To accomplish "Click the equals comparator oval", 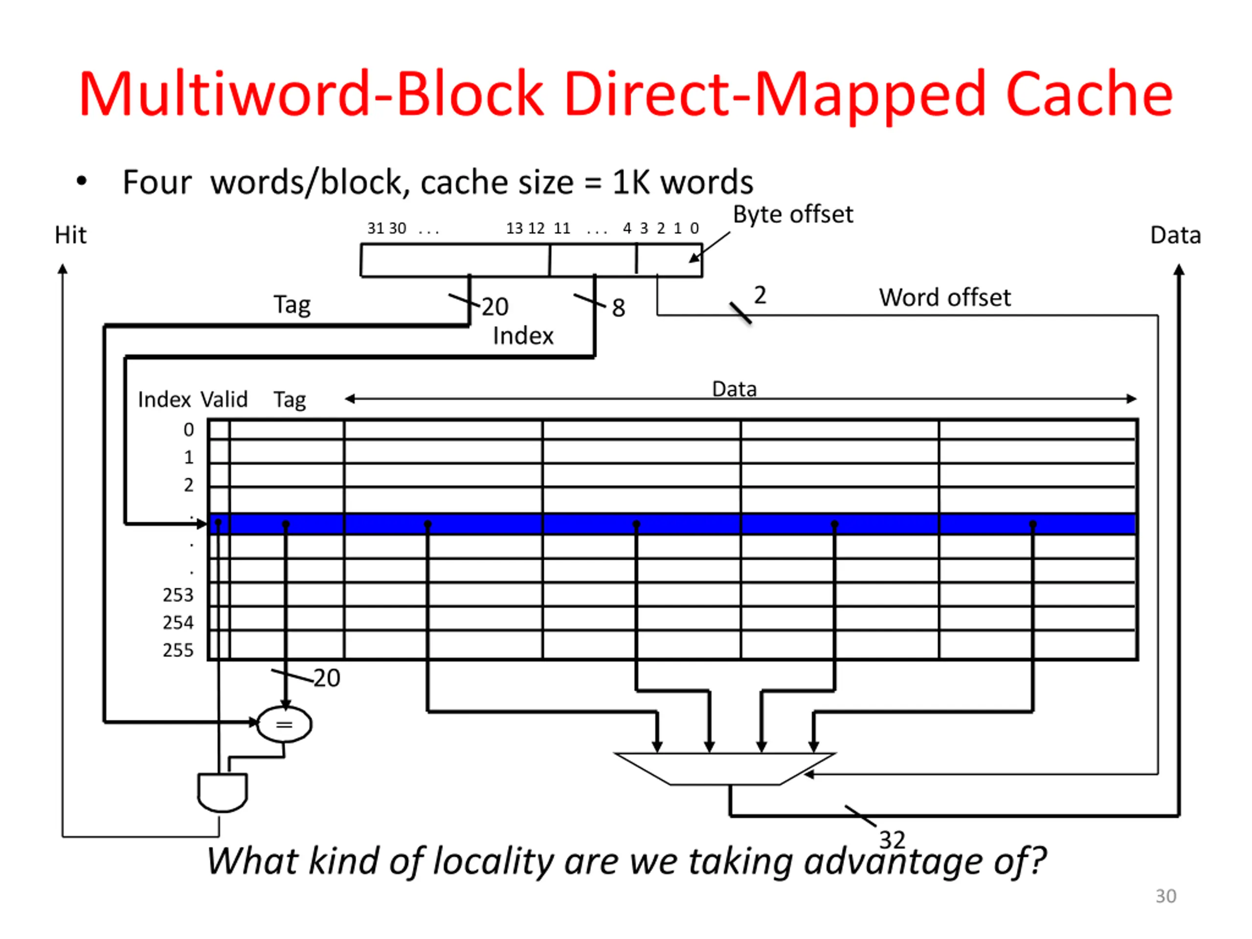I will (x=284, y=724).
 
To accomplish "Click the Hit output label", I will (x=70, y=235).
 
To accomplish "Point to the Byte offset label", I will (x=792, y=215).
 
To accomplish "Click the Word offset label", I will (x=944, y=297).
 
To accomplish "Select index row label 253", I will (x=178, y=595).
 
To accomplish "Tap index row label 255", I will (x=178, y=650).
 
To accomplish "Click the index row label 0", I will (x=188, y=430).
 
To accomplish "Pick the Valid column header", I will (x=224, y=400).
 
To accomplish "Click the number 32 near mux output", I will (x=892, y=840).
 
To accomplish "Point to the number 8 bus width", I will (x=618, y=309).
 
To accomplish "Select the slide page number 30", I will (x=1165, y=896).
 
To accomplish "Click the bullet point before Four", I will (x=82, y=181).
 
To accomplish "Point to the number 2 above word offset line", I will (x=760, y=295).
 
